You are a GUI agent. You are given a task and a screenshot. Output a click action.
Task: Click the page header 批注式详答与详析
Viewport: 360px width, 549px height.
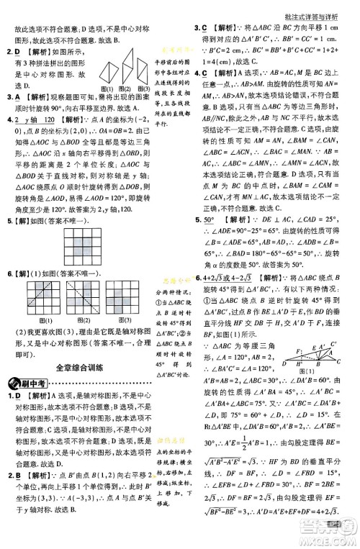point(316,8)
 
